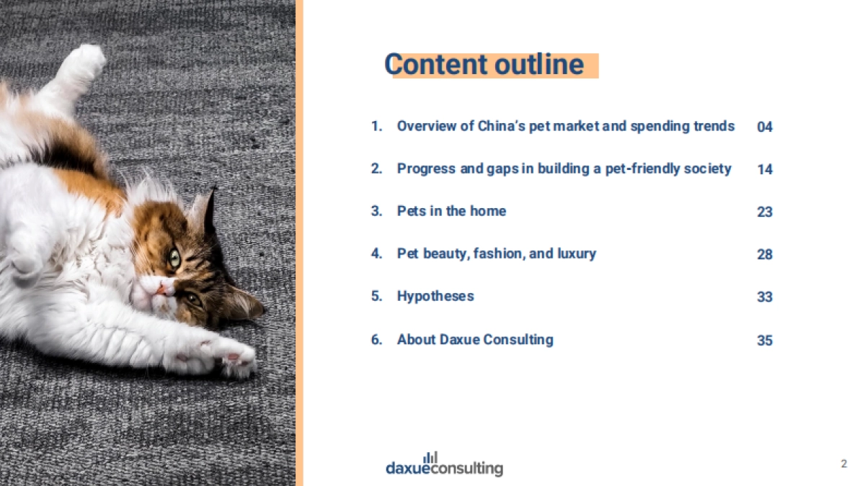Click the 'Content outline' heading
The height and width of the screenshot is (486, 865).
pyautogui.click(x=484, y=64)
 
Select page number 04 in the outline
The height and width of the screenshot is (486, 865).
pyautogui.click(x=765, y=127)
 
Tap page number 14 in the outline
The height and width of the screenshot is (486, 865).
pyautogui.click(x=765, y=169)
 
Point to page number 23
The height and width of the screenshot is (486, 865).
pyautogui.click(x=765, y=212)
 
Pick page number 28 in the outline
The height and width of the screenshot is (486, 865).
pyautogui.click(x=765, y=254)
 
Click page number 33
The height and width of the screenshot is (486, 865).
pyautogui.click(x=765, y=297)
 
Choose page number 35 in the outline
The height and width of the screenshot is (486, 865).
pyautogui.click(x=765, y=340)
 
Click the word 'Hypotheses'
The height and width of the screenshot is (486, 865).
pyautogui.click(x=435, y=297)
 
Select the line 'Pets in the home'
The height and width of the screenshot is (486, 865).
pyautogui.click(x=451, y=211)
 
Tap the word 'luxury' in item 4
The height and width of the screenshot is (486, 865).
pyautogui.click(x=577, y=254)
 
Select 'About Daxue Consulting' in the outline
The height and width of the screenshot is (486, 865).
pyautogui.click(x=475, y=340)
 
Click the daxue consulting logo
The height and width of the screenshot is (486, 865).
pyautogui.click(x=445, y=464)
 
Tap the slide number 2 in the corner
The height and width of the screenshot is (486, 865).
pyautogui.click(x=844, y=464)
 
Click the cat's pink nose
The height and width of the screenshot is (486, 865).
pyautogui.click(x=161, y=289)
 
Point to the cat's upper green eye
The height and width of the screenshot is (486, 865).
pyautogui.click(x=174, y=258)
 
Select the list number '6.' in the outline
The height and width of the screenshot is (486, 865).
pyautogui.click(x=376, y=340)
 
